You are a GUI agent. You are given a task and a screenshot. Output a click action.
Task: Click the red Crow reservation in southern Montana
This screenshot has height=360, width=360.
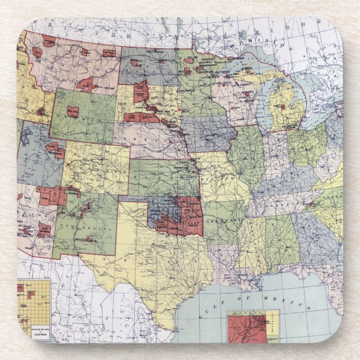(87, 85)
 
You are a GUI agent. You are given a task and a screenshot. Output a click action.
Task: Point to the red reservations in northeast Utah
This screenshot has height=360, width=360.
(55, 150)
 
